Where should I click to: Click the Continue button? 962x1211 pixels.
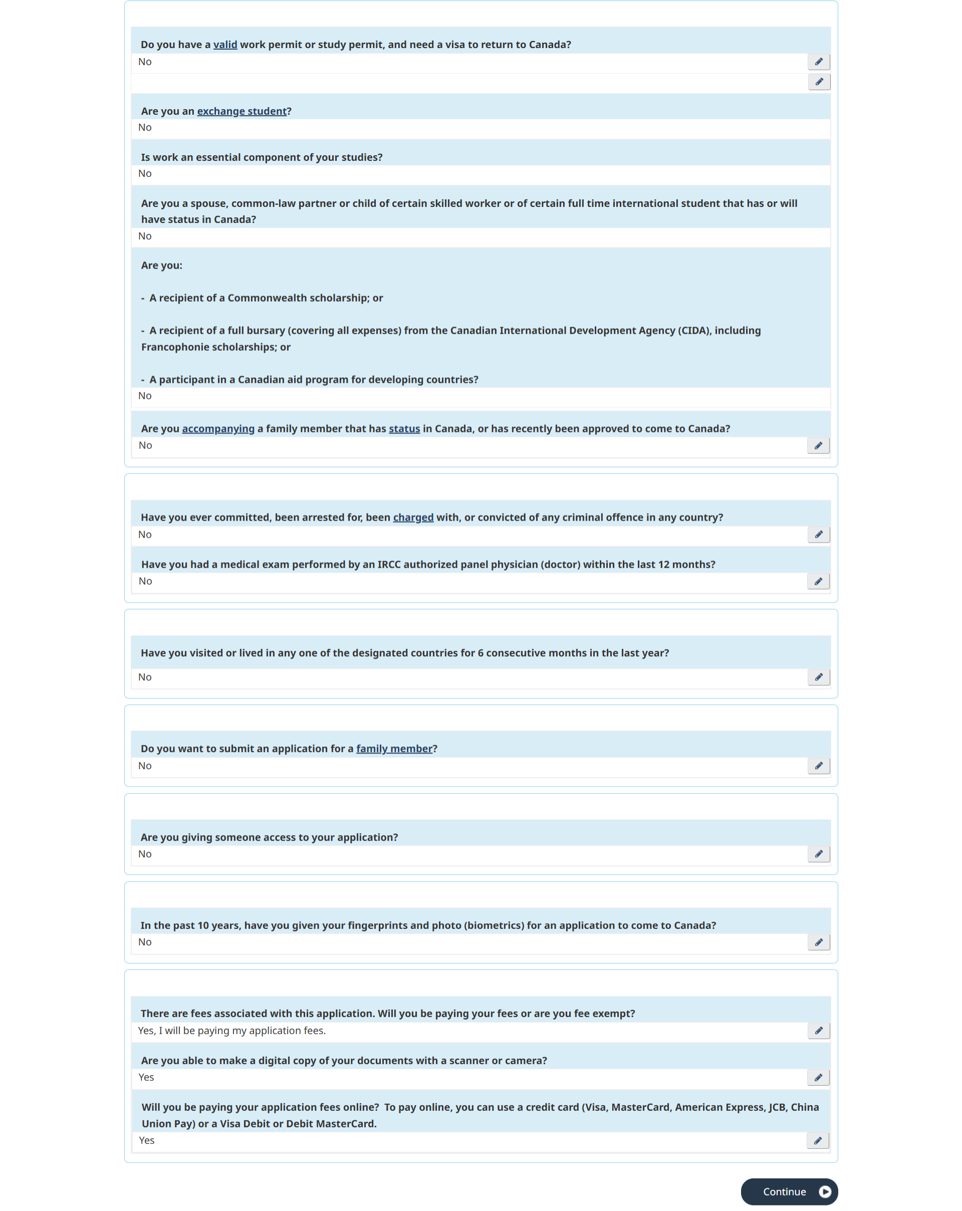[x=789, y=1191]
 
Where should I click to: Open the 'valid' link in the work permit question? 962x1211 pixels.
[x=225, y=45]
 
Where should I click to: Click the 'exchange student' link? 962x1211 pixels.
[x=242, y=111]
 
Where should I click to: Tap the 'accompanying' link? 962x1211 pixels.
[x=218, y=428]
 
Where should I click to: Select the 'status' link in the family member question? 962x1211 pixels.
[x=404, y=428]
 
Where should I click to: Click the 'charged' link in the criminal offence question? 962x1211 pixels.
[x=413, y=517]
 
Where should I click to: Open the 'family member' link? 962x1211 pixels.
[x=394, y=749]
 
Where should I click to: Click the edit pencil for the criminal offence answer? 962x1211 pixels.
[x=818, y=534]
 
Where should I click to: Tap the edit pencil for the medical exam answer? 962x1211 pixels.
[x=818, y=581]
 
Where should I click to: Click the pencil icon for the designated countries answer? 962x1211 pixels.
[x=818, y=677]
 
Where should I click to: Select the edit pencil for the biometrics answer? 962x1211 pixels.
[x=818, y=942]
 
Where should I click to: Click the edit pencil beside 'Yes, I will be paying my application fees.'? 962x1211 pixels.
[x=818, y=1030]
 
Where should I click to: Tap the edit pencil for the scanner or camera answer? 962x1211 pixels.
[x=818, y=1077]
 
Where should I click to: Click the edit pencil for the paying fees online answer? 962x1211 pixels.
[x=818, y=1140]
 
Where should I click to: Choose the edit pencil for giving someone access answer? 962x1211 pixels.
[x=818, y=854]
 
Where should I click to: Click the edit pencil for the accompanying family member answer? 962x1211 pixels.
[x=818, y=445]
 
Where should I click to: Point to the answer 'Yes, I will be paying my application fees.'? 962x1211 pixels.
[x=232, y=1030]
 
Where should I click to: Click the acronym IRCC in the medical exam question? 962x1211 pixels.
[x=389, y=565]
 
